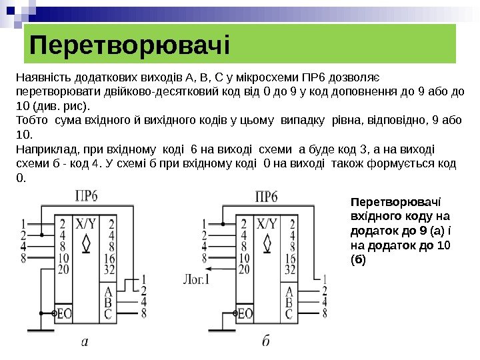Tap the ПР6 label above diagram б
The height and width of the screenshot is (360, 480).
pos(267,197)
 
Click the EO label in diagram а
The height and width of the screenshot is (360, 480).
pos(65,313)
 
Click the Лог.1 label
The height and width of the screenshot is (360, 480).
pos(196,279)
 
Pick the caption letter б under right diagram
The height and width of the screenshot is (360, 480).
pos(266,342)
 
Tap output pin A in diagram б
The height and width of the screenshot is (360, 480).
pos(289,291)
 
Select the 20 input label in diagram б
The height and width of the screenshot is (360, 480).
pos(244,269)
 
